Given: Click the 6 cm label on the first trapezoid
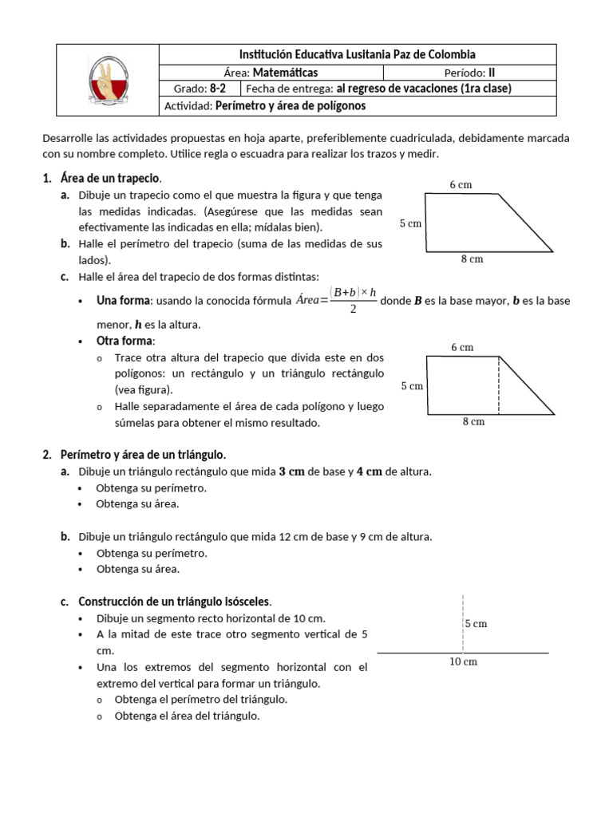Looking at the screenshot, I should pos(461,184).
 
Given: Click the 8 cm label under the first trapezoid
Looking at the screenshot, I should pos(472,259).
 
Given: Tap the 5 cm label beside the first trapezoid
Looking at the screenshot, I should pos(410,223).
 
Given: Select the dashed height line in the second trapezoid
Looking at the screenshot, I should pos(500,385).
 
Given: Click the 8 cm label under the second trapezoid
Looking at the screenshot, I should pos(473,421).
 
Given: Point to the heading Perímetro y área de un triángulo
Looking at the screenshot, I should pos(144,454).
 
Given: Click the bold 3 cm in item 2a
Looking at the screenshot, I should pos(291,472).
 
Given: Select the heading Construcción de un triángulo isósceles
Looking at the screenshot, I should pos(175,601).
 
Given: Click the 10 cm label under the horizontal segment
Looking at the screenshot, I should pos(464,661).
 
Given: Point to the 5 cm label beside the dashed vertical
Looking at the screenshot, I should pos(476,623).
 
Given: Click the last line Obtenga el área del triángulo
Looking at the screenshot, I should pos(188,716).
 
